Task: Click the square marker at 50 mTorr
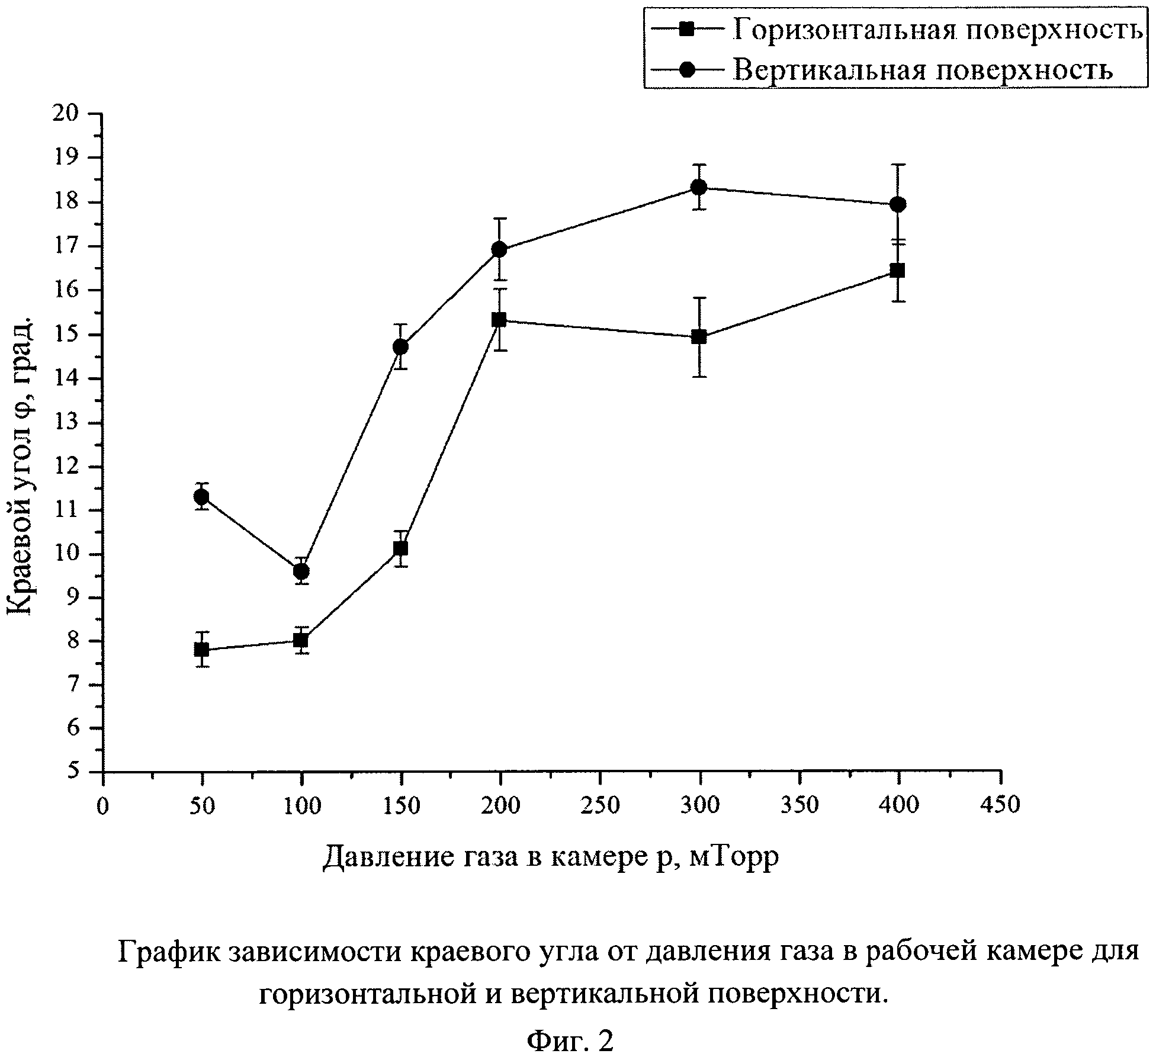[x=201, y=650]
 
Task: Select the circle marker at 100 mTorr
[x=301, y=571]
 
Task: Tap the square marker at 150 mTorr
[x=400, y=548]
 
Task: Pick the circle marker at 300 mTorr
[x=699, y=188]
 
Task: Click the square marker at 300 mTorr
[x=699, y=337]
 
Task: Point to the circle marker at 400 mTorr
[x=898, y=204]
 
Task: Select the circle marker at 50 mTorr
[x=201, y=496]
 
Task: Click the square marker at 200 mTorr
[x=500, y=320]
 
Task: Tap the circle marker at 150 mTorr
[x=400, y=346]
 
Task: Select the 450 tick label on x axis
[x=1001, y=805]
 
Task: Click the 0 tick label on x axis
[x=103, y=805]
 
